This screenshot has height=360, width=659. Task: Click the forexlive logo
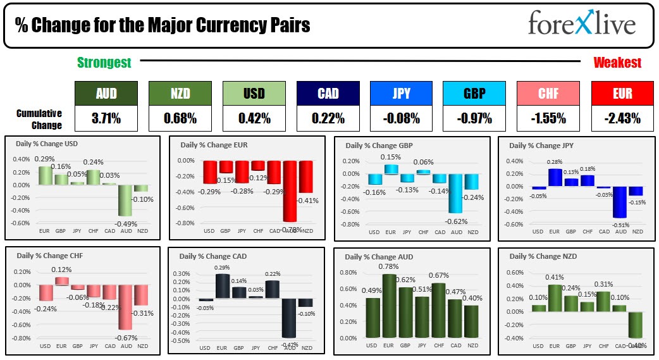pos(581,25)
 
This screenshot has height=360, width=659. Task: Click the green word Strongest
pos(104,62)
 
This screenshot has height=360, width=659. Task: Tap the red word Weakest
pos(617,62)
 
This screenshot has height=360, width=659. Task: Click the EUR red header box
pos(622,93)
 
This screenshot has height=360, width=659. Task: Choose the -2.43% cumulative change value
pos(622,118)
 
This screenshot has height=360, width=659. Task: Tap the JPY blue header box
pos(401,93)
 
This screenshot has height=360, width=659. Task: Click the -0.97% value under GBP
pos(474,118)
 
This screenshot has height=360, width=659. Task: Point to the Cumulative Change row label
pos(39,118)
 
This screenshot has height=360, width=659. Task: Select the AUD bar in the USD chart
pos(126,200)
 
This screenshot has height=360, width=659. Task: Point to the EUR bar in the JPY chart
pos(555,178)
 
